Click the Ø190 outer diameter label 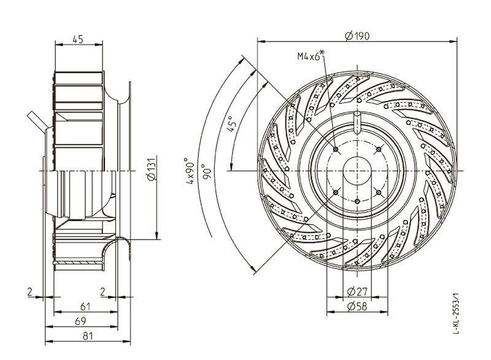357,36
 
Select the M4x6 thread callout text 309,57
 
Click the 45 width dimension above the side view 78,39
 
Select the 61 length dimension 87,306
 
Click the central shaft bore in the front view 357,170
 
